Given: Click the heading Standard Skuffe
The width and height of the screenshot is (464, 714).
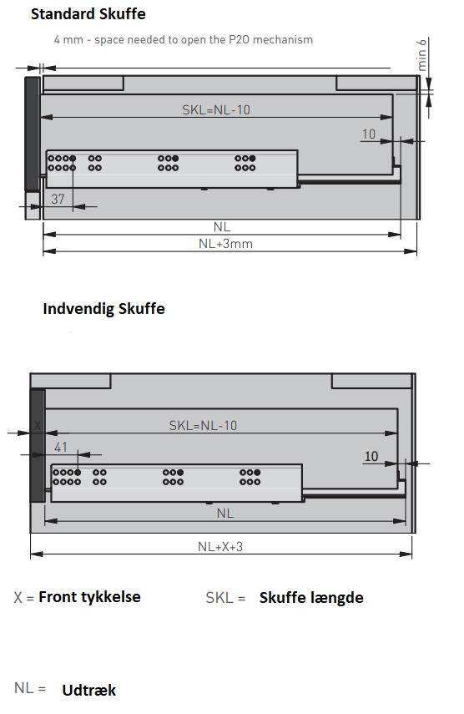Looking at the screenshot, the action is point(88,14).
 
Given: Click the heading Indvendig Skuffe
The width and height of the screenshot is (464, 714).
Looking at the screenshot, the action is point(103,309).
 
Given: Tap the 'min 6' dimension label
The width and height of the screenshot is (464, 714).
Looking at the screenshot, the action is point(421,54).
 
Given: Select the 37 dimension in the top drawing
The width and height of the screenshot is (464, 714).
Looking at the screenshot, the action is point(58,199).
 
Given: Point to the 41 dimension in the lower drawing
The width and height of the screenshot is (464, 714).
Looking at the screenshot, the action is point(61,447).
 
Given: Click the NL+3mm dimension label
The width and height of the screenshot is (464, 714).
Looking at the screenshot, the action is point(225,244).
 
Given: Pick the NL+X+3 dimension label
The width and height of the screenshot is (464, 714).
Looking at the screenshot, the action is point(220,546).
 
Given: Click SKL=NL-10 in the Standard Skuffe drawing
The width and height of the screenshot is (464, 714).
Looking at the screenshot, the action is point(216,109).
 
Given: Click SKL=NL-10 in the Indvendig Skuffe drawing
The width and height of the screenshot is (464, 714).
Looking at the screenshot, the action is point(203,425).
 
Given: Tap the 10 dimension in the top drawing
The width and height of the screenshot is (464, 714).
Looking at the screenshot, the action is point(369,134).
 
